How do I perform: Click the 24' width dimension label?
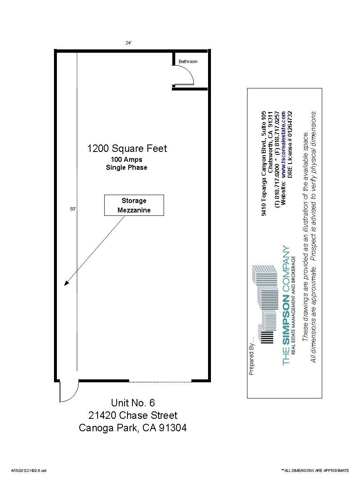click(129, 43)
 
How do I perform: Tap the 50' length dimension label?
click(73, 210)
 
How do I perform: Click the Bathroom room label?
click(188, 61)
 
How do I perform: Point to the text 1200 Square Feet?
click(127, 149)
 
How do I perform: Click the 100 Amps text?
click(127, 160)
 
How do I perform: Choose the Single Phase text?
click(127, 168)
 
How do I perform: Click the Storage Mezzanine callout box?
click(134, 205)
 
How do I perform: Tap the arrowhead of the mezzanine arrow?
click(66, 284)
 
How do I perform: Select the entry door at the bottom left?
click(69, 391)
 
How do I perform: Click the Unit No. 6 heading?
click(133, 403)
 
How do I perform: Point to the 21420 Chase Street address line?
click(133, 415)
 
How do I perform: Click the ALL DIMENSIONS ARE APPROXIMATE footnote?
click(316, 470)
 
